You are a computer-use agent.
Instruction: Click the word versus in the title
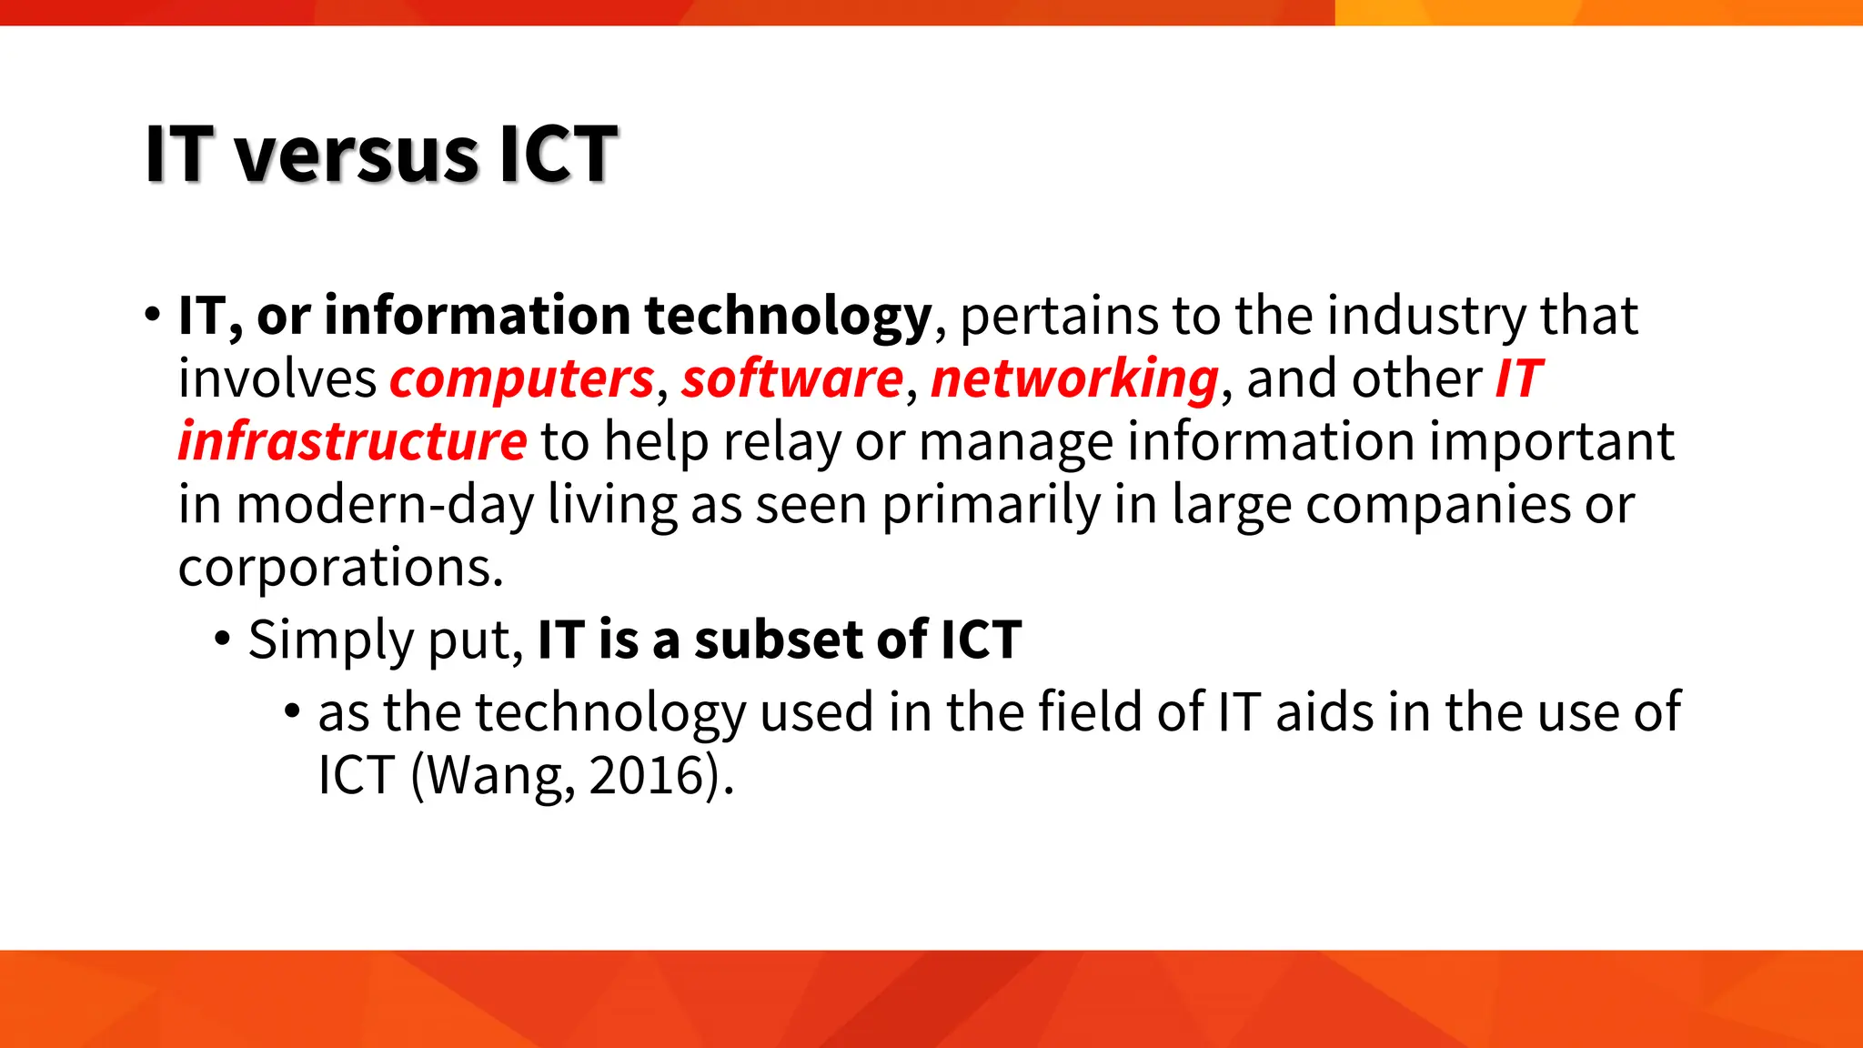[x=356, y=155]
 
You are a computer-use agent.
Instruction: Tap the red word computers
[x=522, y=378]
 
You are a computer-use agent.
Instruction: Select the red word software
[x=792, y=378]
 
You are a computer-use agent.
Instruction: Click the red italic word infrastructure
[x=352, y=442]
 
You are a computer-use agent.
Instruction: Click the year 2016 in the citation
[x=647, y=776]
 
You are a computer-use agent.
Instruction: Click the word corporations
[x=340, y=569]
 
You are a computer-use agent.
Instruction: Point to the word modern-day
[x=385, y=506]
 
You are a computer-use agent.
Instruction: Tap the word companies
[x=1437, y=506]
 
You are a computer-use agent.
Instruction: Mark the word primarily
[x=991, y=506]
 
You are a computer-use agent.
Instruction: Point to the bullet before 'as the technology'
[x=292, y=710]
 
